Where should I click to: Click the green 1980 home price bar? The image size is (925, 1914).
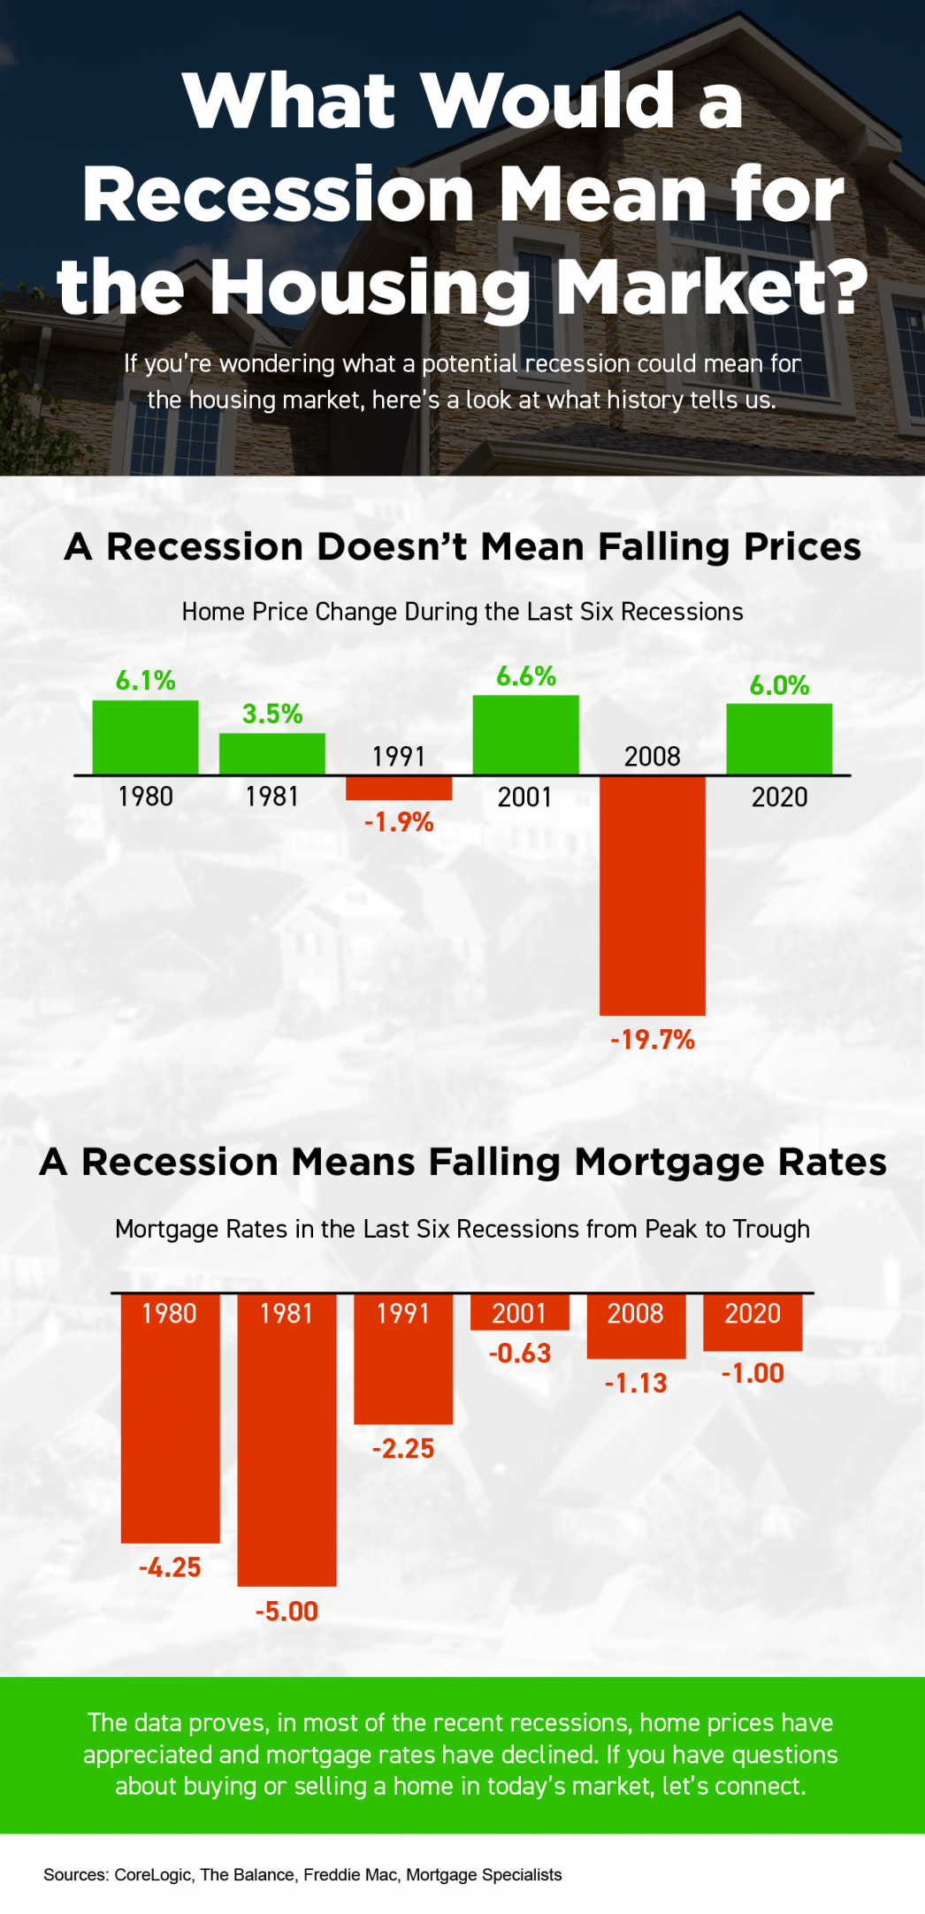(x=145, y=737)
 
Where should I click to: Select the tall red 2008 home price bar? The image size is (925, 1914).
(x=652, y=895)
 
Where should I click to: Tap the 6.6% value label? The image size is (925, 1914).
(x=525, y=676)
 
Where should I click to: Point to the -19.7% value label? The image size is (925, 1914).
(x=653, y=1040)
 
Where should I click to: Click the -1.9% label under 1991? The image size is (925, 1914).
(x=399, y=822)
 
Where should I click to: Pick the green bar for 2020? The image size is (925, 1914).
(x=778, y=739)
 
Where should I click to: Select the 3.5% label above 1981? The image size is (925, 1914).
(x=272, y=713)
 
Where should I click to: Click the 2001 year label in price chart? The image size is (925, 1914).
(x=524, y=797)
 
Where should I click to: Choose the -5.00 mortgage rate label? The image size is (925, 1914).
(x=287, y=1611)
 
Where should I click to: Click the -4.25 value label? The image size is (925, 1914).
(x=170, y=1567)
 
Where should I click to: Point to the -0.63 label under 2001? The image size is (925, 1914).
(x=520, y=1354)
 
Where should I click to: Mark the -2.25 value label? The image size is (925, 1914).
(x=403, y=1448)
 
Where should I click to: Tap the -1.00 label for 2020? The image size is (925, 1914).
(x=753, y=1373)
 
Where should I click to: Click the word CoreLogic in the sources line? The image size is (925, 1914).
(x=152, y=1874)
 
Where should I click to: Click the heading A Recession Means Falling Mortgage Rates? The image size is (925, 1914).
(x=462, y=1162)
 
